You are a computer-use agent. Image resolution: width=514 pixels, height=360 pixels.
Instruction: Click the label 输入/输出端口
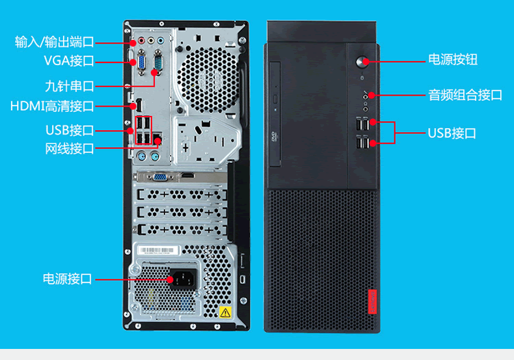[55, 42]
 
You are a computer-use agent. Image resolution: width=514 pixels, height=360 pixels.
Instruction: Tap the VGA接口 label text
[69, 61]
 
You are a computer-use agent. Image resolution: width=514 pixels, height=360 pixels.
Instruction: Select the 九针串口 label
[69, 85]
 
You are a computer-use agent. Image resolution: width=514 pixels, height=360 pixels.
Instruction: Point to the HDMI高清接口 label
[52, 106]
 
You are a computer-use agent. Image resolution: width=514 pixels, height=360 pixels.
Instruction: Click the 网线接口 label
[69, 148]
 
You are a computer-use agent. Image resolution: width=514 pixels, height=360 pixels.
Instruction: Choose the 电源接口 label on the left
[67, 279]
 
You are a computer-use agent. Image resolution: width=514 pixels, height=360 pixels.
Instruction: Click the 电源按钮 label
[452, 60]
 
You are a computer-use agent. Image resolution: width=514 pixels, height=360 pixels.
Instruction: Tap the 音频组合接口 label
[465, 95]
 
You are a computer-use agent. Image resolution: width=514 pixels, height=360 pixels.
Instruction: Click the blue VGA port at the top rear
[138, 62]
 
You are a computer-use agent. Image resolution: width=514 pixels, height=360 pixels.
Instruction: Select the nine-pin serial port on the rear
[157, 62]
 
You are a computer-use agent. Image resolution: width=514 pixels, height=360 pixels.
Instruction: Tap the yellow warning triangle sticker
[225, 312]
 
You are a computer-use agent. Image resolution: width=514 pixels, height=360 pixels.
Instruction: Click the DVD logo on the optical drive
[273, 137]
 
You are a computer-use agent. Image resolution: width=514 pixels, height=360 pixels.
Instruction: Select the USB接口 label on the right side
[452, 133]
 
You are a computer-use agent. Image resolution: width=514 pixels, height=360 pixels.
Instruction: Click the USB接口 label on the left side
[69, 130]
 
